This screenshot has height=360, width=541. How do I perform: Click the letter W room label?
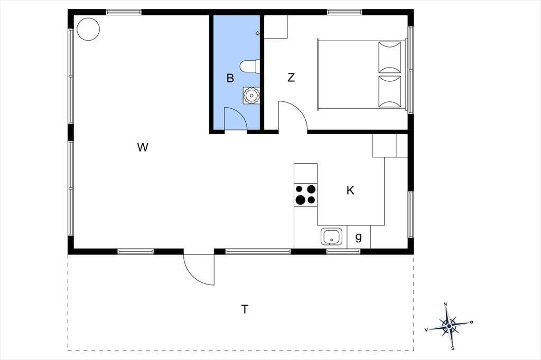[x=143, y=147]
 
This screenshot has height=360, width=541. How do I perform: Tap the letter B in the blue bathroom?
[x=230, y=78]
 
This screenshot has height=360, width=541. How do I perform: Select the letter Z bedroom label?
[x=291, y=78]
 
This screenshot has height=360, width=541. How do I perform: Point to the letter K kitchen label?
[x=350, y=191]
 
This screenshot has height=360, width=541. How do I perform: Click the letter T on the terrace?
[x=245, y=309]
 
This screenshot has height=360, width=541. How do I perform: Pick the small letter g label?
[x=359, y=237]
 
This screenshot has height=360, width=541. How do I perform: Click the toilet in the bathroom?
[x=250, y=66]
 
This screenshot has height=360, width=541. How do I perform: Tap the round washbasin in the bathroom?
[x=251, y=95]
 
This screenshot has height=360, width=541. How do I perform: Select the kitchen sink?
[x=332, y=236]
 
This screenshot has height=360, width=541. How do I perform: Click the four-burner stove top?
[x=306, y=195]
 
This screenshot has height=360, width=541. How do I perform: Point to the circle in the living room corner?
[x=88, y=29]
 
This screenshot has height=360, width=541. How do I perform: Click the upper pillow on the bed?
[x=390, y=57]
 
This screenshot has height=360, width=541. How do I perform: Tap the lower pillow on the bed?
[x=390, y=91]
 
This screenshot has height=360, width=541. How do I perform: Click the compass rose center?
[x=449, y=326]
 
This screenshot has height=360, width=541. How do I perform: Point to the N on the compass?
[x=445, y=304]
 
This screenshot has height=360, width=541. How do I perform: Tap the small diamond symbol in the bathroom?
[x=257, y=33]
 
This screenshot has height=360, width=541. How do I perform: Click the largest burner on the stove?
[x=300, y=200]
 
